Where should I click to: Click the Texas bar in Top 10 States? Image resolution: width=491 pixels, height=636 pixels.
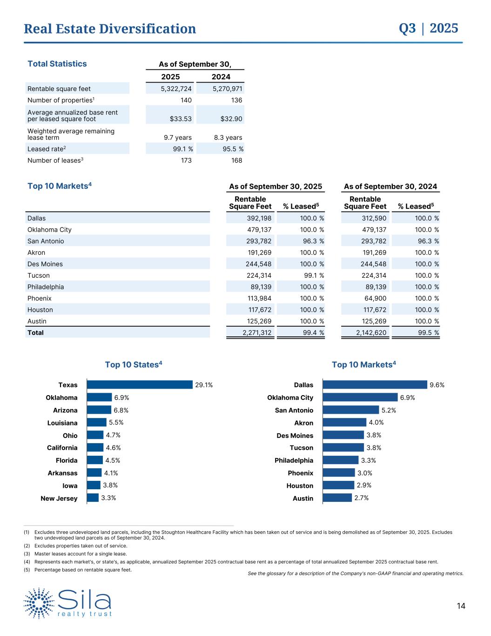(x=140, y=385)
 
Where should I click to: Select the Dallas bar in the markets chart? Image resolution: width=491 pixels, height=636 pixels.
(x=375, y=385)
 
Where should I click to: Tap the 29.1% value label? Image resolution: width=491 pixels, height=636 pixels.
(x=204, y=385)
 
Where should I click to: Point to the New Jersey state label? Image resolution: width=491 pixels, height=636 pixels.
(x=59, y=499)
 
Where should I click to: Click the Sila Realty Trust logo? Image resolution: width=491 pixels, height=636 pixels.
(x=68, y=603)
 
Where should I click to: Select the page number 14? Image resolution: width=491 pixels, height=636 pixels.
(x=461, y=606)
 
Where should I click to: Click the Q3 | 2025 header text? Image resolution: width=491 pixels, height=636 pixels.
(x=428, y=28)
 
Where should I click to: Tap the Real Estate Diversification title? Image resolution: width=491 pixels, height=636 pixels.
(x=110, y=29)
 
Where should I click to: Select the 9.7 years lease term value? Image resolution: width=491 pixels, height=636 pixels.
(x=177, y=137)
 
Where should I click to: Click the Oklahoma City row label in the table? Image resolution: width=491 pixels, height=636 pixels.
(x=49, y=230)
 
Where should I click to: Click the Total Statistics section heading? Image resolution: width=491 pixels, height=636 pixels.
(x=57, y=64)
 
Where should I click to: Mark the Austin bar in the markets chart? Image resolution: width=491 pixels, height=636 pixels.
(x=337, y=498)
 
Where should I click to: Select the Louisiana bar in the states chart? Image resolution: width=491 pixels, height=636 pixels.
(x=97, y=423)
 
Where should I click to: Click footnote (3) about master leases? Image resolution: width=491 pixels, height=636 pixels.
(x=80, y=554)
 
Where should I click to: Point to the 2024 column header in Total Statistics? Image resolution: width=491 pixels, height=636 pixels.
(x=221, y=77)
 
